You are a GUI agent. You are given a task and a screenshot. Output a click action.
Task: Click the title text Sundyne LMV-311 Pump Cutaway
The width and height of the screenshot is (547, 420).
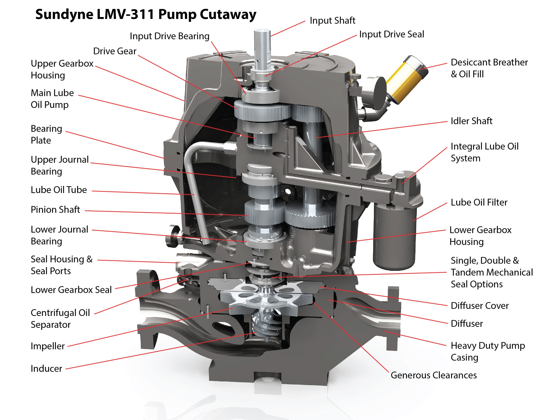click(146, 14)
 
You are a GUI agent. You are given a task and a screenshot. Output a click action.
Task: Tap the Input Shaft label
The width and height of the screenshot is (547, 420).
click(332, 21)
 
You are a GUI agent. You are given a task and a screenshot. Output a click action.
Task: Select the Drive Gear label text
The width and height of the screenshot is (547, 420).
click(115, 51)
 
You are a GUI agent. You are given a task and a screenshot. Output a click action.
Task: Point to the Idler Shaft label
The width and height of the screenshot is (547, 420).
click(471, 121)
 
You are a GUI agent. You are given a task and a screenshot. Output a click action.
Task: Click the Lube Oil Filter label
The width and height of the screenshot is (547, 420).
click(479, 202)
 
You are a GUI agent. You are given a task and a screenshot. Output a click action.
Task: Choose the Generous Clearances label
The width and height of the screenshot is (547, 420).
click(434, 375)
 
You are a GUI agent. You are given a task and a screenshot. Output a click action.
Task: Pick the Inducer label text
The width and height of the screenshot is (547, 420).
click(46, 369)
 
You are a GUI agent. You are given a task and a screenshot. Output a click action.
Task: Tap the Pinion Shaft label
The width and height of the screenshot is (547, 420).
click(55, 210)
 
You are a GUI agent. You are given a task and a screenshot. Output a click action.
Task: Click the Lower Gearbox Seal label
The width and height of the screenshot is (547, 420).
click(71, 290)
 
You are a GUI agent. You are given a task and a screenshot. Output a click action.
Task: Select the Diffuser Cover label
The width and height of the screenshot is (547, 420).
click(479, 306)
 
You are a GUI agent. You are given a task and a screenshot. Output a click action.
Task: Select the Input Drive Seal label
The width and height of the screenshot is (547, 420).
click(391, 34)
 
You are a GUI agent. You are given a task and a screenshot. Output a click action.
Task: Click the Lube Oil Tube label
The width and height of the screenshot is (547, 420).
click(59, 190)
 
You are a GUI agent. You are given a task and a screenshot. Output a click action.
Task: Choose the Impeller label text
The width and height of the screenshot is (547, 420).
click(47, 346)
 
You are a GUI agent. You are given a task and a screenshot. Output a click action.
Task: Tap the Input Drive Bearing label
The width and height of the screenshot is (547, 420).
click(169, 36)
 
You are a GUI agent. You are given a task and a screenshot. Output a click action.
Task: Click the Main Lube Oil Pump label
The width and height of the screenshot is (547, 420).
click(52, 99)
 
